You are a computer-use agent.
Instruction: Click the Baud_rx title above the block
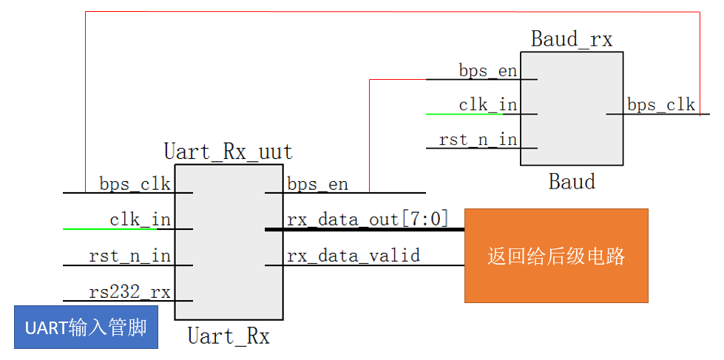[572, 39]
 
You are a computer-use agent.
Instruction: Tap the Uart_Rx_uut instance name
[228, 152]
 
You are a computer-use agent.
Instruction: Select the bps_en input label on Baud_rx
[487, 71]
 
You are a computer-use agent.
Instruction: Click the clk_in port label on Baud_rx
[487, 105]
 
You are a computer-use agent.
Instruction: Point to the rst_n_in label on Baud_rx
[478, 140]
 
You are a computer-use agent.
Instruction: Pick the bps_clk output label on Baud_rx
[661, 105]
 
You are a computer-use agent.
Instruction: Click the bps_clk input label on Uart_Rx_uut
[135, 183]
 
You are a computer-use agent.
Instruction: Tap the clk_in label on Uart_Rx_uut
[140, 220]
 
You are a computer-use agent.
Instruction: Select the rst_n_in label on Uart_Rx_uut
[129, 256]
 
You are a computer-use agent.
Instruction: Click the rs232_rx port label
[129, 292]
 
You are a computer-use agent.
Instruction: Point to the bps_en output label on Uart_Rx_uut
[317, 183]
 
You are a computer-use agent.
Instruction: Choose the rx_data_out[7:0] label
[367, 220]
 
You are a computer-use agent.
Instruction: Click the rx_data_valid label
[353, 256]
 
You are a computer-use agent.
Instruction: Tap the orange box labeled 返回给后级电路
[555, 256]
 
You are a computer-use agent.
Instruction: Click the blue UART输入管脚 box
[86, 327]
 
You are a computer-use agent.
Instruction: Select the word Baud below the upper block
[572, 181]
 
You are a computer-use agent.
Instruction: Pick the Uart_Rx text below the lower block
[228, 337]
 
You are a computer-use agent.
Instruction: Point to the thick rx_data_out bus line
[370, 230]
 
